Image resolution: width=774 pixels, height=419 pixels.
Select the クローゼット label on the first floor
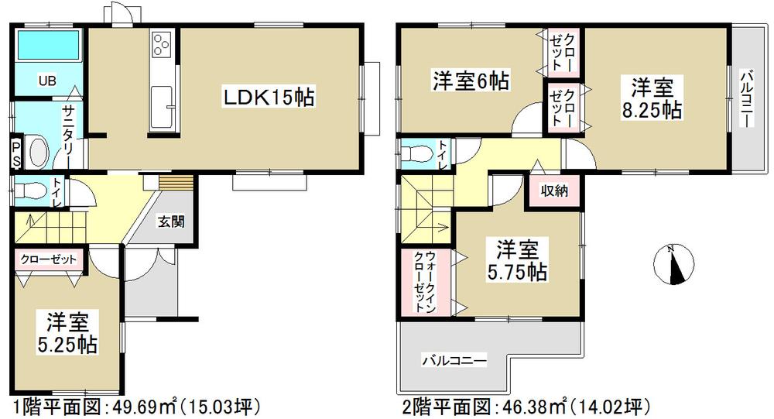pyautogui.click(x=49, y=259)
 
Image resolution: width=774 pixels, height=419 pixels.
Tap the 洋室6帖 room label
pyautogui.click(x=460, y=80)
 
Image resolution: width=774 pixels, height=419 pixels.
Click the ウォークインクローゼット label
pyautogui.click(x=425, y=280)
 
